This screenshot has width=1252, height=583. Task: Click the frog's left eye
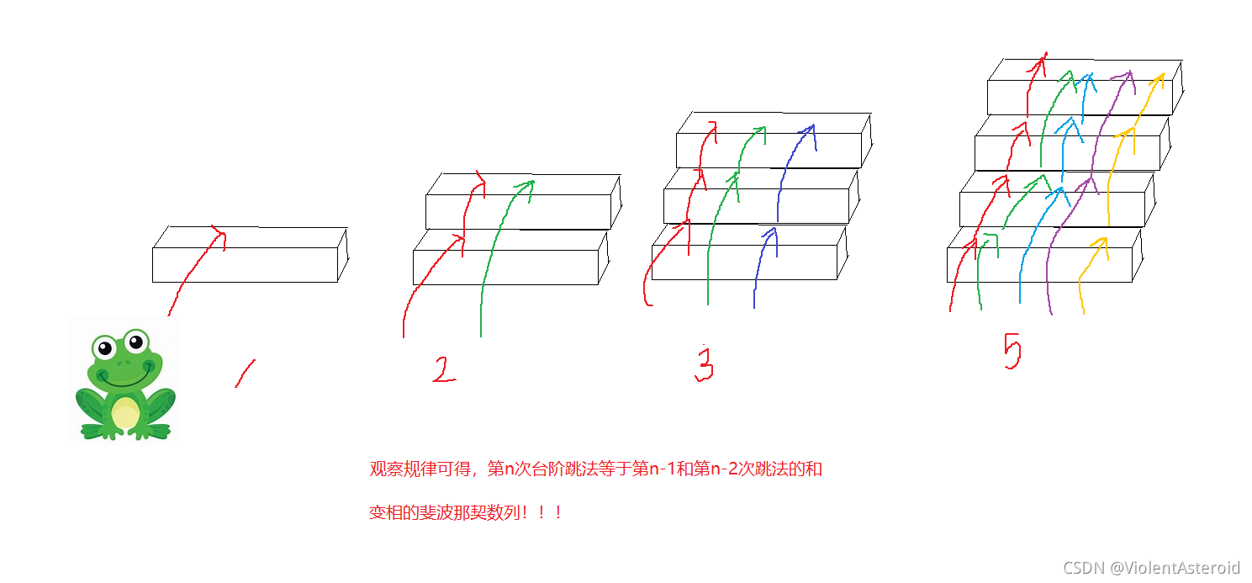click(x=104, y=347)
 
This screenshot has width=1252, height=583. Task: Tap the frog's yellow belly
click(x=125, y=411)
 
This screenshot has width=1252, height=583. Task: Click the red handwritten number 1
click(x=245, y=374)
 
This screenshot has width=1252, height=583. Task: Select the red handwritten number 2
click(x=444, y=370)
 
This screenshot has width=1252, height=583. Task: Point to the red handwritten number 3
click(x=704, y=364)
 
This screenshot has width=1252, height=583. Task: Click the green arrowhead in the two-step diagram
click(x=527, y=184)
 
